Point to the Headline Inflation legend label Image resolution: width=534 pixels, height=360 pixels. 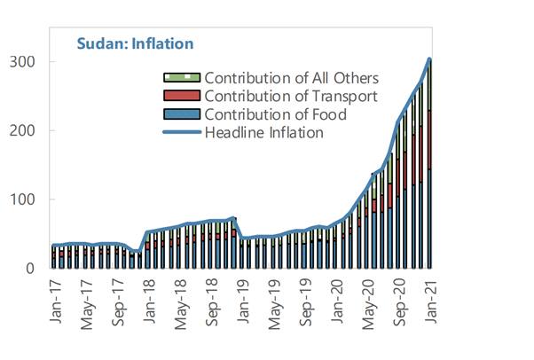click(263, 134)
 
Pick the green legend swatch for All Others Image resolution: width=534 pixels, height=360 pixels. click(183, 78)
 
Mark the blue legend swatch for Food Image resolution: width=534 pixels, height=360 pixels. click(183, 115)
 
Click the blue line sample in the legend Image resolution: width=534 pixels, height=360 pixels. click(183, 134)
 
